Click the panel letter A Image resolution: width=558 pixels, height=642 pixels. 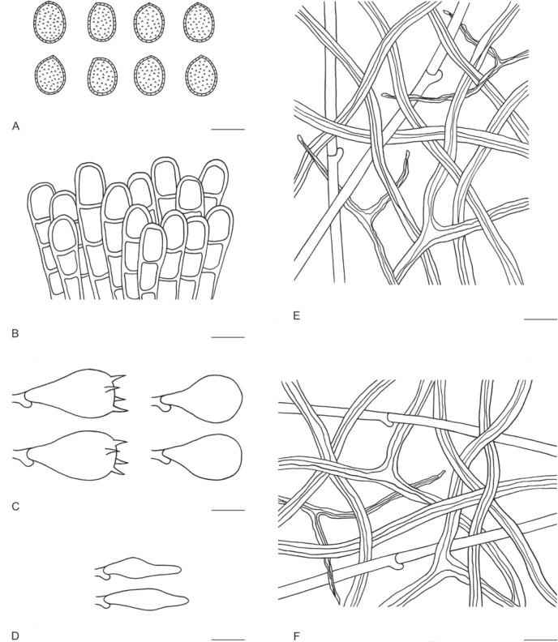pyautogui.click(x=16, y=126)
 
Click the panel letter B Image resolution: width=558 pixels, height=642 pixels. pyautogui.click(x=15, y=334)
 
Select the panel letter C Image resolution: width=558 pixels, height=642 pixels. pyautogui.click(x=15, y=507)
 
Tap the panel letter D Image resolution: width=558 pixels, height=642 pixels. pyautogui.click(x=15, y=636)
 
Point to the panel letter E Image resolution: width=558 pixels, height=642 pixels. pyautogui.click(x=297, y=315)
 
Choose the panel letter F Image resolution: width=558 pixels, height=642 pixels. pyautogui.click(x=297, y=636)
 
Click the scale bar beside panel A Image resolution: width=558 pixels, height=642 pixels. pyautogui.click(x=228, y=130)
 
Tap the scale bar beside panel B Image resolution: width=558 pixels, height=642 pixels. pyautogui.click(x=228, y=337)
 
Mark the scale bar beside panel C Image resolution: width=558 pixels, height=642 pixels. pyautogui.click(x=228, y=510)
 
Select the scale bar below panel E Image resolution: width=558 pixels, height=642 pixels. pyautogui.click(x=540, y=319)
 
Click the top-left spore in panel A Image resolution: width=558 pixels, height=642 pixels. pyautogui.click(x=49, y=22)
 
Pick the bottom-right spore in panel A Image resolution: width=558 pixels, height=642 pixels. pyautogui.click(x=201, y=75)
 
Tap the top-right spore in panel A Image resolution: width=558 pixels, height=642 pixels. pyautogui.click(x=199, y=22)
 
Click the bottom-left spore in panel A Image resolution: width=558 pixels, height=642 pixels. pyautogui.click(x=50, y=75)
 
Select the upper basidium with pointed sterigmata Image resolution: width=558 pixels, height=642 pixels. pyautogui.click(x=70, y=393)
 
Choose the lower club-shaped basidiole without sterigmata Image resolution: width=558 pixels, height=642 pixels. pyautogui.click(x=197, y=456)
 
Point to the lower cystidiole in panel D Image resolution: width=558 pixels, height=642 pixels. pyautogui.click(x=142, y=600)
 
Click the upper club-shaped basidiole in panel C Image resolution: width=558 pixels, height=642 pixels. pyautogui.click(x=197, y=398)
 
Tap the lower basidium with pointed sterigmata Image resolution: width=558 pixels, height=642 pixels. pyautogui.click(x=70, y=456)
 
